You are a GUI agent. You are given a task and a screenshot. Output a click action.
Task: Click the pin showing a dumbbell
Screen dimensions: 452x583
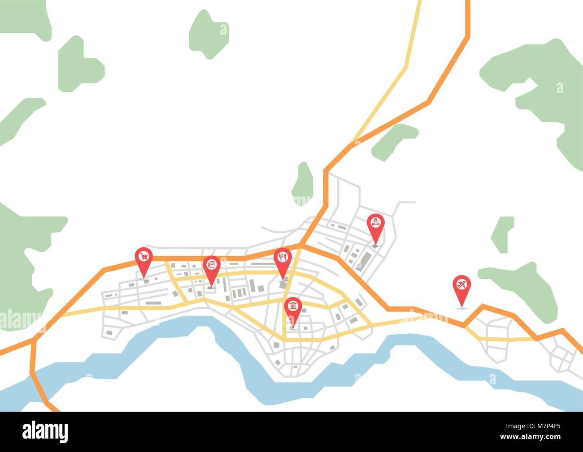pyautogui.click(x=375, y=223)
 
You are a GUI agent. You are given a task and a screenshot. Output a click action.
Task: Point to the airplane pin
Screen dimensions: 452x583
pyautogui.click(x=461, y=284)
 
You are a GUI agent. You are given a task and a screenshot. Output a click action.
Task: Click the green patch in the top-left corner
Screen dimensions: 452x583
pyautogui.click(x=25, y=18)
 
